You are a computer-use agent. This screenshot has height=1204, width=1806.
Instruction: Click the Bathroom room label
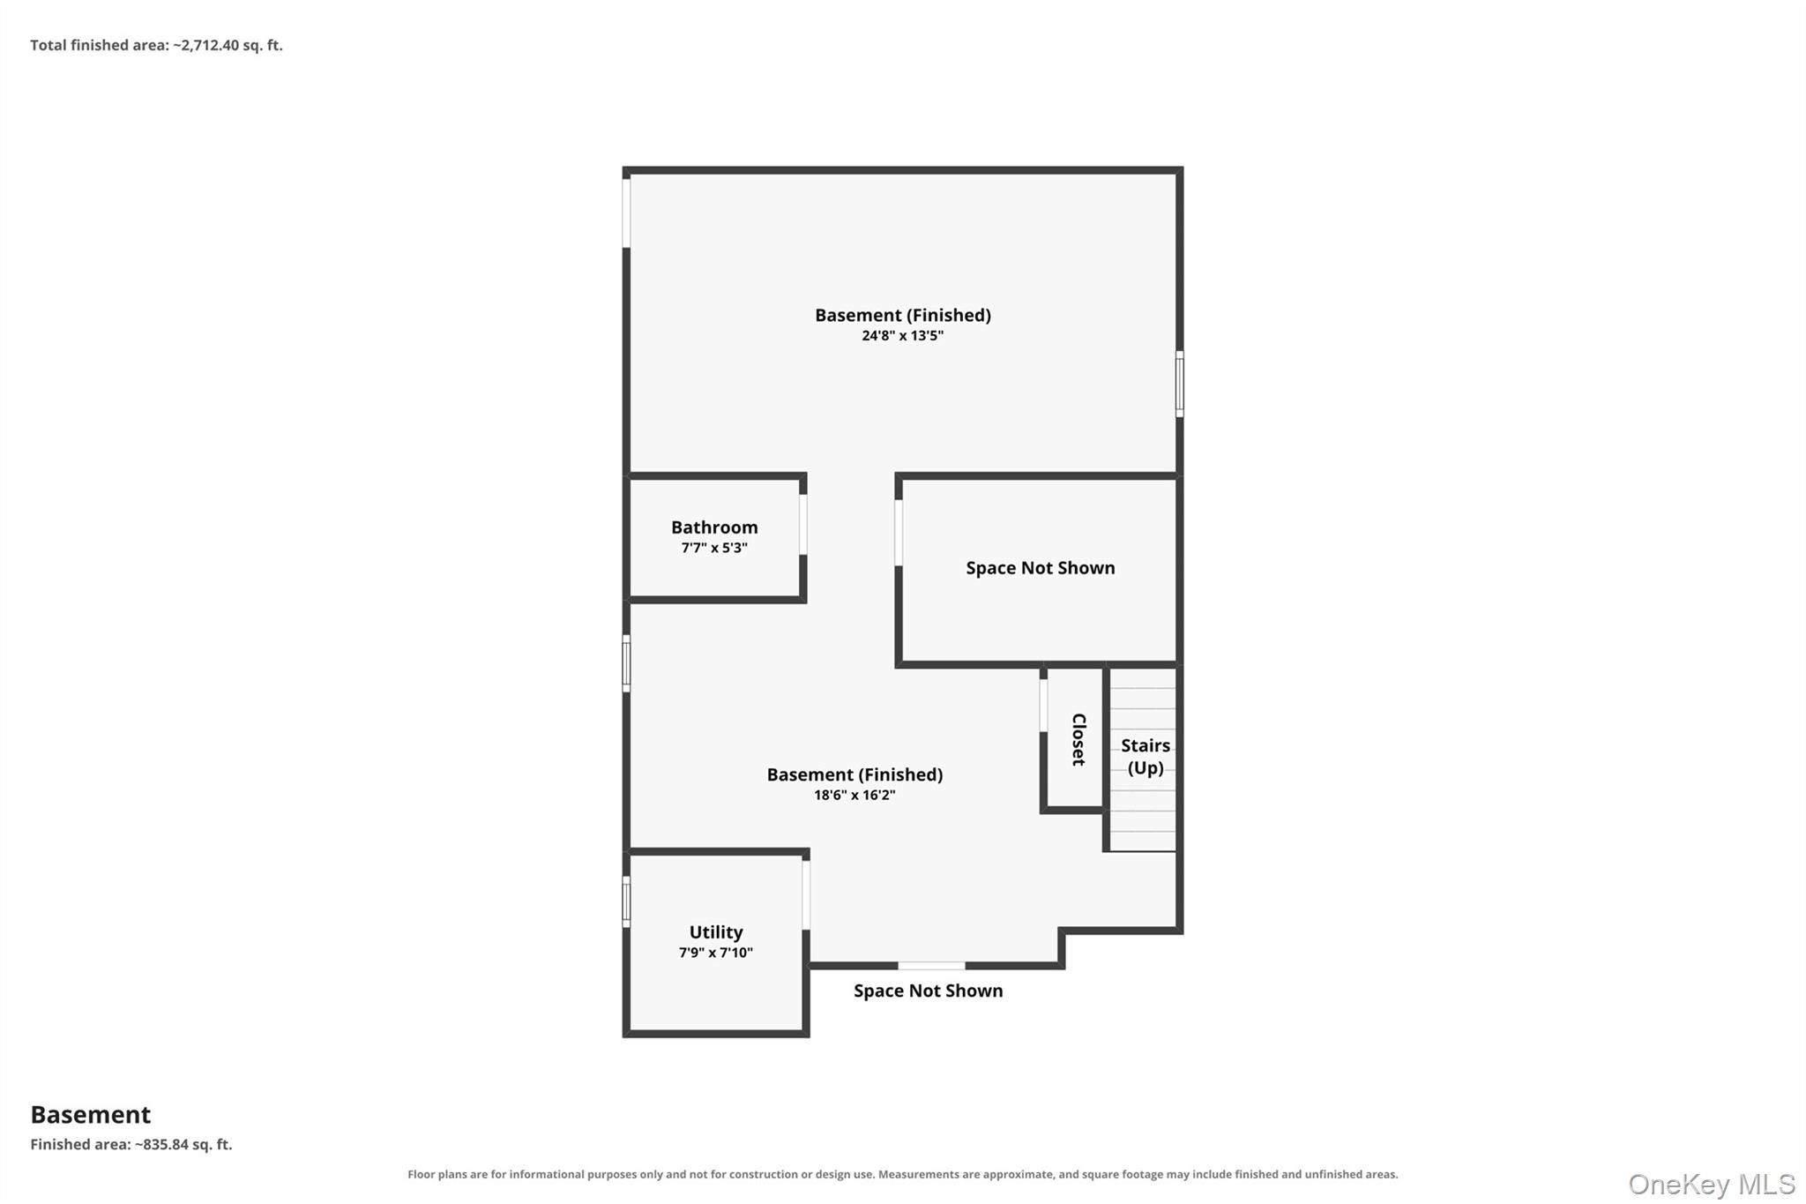[714, 527]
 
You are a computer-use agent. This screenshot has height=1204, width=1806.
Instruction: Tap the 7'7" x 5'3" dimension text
[714, 548]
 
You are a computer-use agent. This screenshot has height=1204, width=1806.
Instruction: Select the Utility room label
[716, 932]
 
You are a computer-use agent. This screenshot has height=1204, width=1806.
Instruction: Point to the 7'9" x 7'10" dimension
[716, 953]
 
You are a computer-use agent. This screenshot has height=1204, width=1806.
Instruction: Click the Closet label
[1078, 739]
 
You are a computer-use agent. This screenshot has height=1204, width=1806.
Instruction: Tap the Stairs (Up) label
[1146, 757]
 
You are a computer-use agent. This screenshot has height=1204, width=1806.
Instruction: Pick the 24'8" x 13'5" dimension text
[903, 336]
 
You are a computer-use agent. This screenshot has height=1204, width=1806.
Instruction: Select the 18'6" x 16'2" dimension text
[854, 796]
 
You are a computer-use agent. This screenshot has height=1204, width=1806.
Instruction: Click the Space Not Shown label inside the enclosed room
[1041, 568]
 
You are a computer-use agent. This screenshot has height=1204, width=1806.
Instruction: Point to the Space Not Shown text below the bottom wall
[929, 991]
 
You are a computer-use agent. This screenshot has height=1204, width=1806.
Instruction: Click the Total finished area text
[157, 45]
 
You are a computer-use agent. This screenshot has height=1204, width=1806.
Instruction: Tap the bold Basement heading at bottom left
[91, 1115]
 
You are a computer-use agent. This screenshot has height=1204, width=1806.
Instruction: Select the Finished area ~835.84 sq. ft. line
[131, 1145]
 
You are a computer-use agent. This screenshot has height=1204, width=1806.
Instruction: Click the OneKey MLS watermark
[1712, 1184]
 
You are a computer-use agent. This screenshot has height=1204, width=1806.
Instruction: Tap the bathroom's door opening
[803, 525]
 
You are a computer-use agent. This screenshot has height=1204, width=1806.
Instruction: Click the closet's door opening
[1043, 706]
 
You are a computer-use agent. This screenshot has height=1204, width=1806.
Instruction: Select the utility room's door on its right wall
[806, 895]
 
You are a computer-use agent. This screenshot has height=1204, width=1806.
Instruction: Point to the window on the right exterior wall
[1180, 384]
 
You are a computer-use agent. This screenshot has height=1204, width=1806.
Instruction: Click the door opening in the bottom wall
[931, 966]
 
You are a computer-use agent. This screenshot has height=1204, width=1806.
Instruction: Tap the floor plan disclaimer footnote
[903, 1175]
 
